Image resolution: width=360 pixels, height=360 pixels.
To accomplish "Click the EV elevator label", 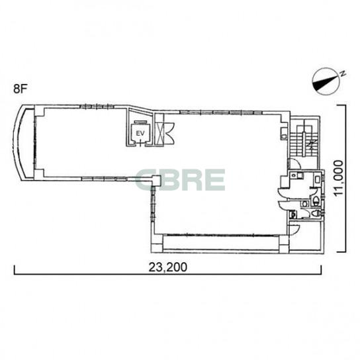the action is [140, 134].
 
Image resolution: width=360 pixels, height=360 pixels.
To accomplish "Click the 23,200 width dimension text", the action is [168, 267].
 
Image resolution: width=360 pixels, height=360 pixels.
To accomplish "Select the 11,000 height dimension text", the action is [338, 178].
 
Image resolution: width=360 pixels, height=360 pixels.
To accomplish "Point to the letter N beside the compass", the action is [343, 73].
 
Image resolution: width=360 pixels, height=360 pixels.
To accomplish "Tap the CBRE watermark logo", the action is [181, 180].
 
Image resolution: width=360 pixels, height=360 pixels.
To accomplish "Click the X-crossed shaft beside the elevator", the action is [160, 134].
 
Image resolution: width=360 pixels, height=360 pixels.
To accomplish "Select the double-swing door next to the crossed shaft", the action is [169, 132].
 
